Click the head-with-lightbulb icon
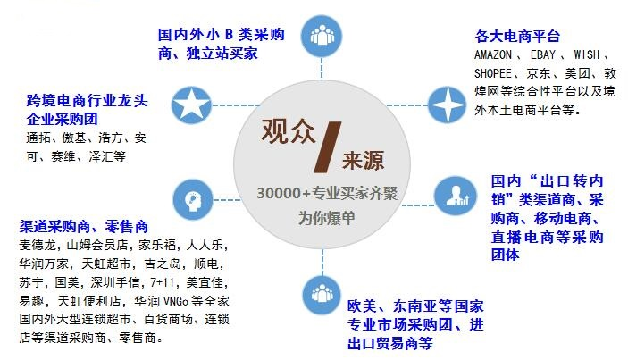(191, 196)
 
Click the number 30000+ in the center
(280, 194)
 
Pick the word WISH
(587, 54)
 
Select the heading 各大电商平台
(518, 36)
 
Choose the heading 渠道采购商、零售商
(84, 227)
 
